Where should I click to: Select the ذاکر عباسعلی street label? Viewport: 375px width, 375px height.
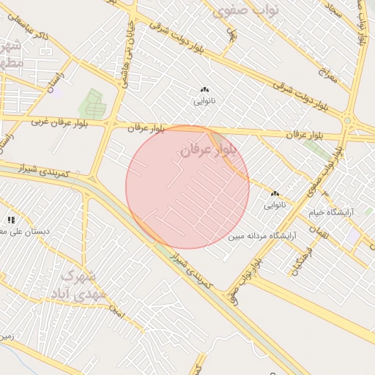[x=36, y=34]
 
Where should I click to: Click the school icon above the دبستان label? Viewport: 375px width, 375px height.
[x=11, y=219]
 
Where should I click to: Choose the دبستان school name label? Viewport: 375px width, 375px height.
[x=25, y=231]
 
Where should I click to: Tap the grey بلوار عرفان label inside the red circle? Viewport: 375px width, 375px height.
[x=209, y=149]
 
